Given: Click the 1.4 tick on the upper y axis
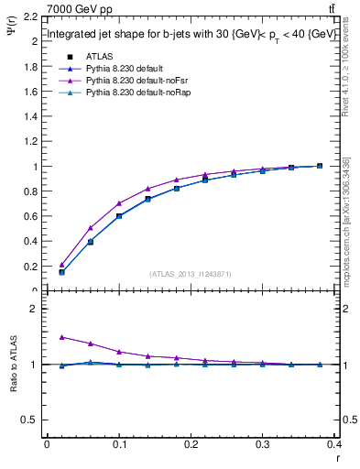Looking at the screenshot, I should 30,117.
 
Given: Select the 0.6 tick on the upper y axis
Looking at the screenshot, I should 30,217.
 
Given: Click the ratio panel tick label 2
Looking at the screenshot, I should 34,309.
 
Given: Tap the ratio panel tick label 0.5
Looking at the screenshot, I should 30,420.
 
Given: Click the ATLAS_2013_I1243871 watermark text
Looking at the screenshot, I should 190,273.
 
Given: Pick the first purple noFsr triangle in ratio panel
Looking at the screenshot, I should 61,337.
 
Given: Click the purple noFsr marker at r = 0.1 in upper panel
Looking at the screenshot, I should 119,203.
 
